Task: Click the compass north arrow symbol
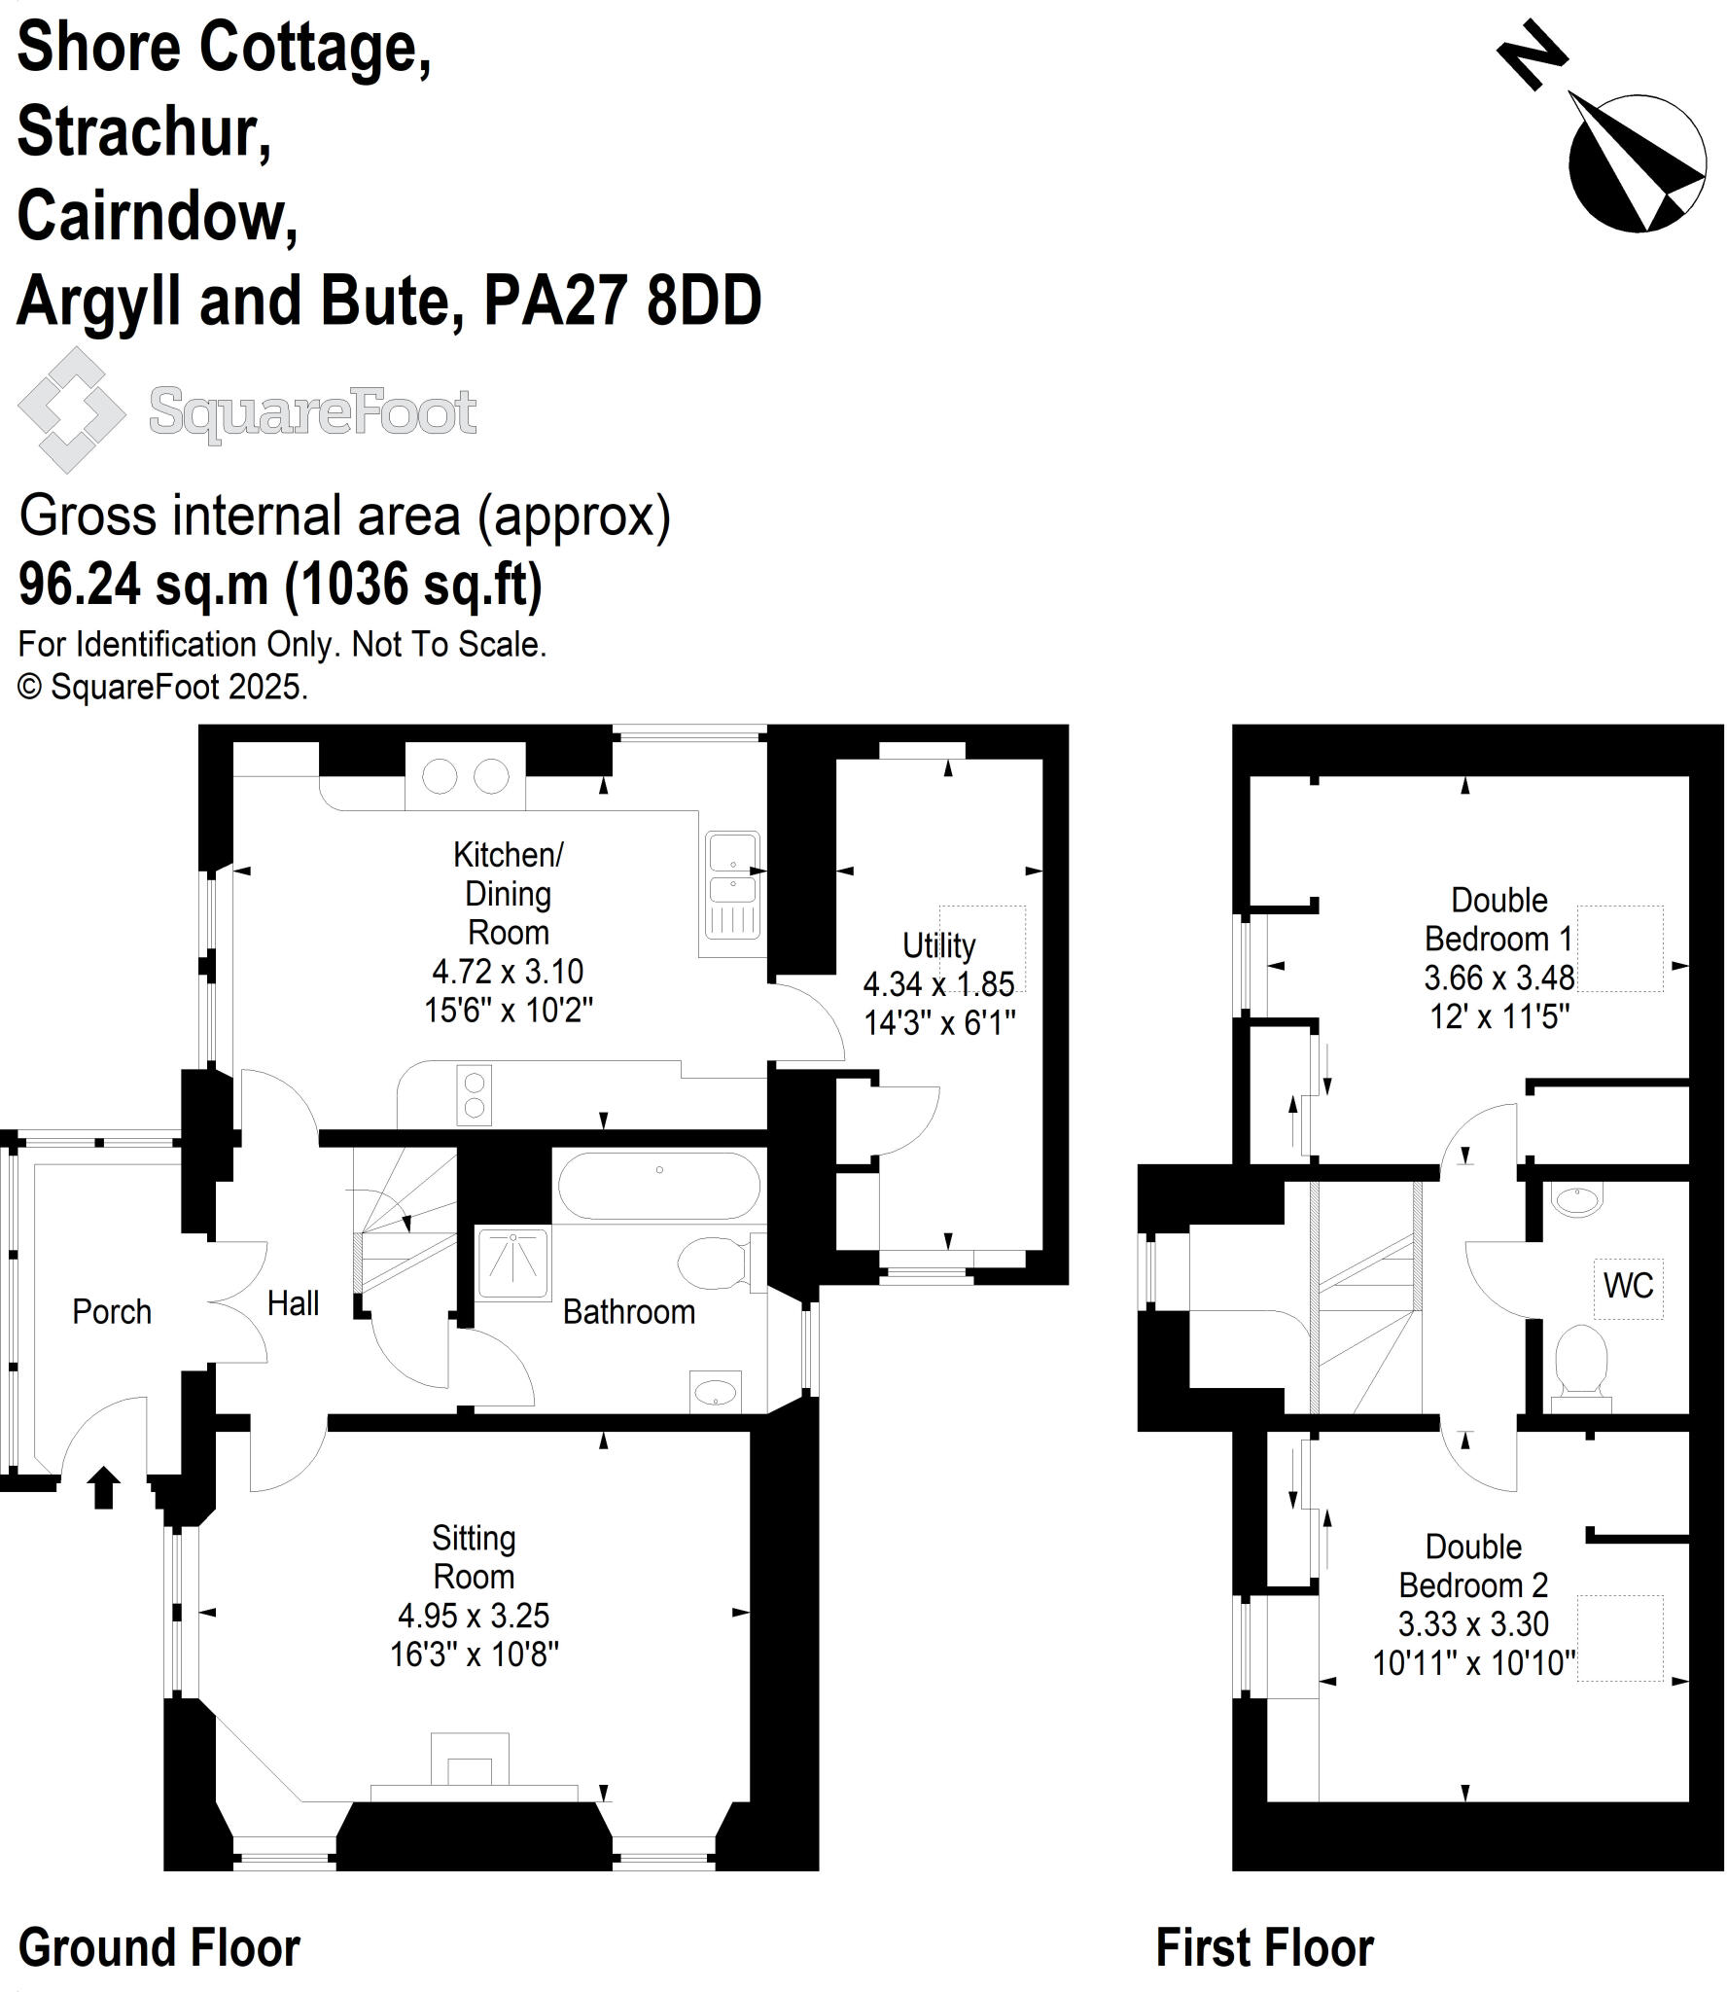coord(1637,163)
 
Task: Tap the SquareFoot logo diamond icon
coord(72,410)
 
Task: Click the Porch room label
coord(112,1312)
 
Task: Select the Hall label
coord(293,1303)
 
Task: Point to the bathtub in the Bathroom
coord(658,1186)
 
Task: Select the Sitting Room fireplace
coord(470,1767)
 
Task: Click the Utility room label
coord(938,945)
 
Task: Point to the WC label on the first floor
coord(1628,1286)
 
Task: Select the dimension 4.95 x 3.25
coord(474,1616)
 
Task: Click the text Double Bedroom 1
coord(1498,919)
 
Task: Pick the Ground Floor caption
coord(159,1947)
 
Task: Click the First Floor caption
coord(1264,1947)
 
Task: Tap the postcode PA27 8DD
coord(622,302)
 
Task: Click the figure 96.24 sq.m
coord(143,584)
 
